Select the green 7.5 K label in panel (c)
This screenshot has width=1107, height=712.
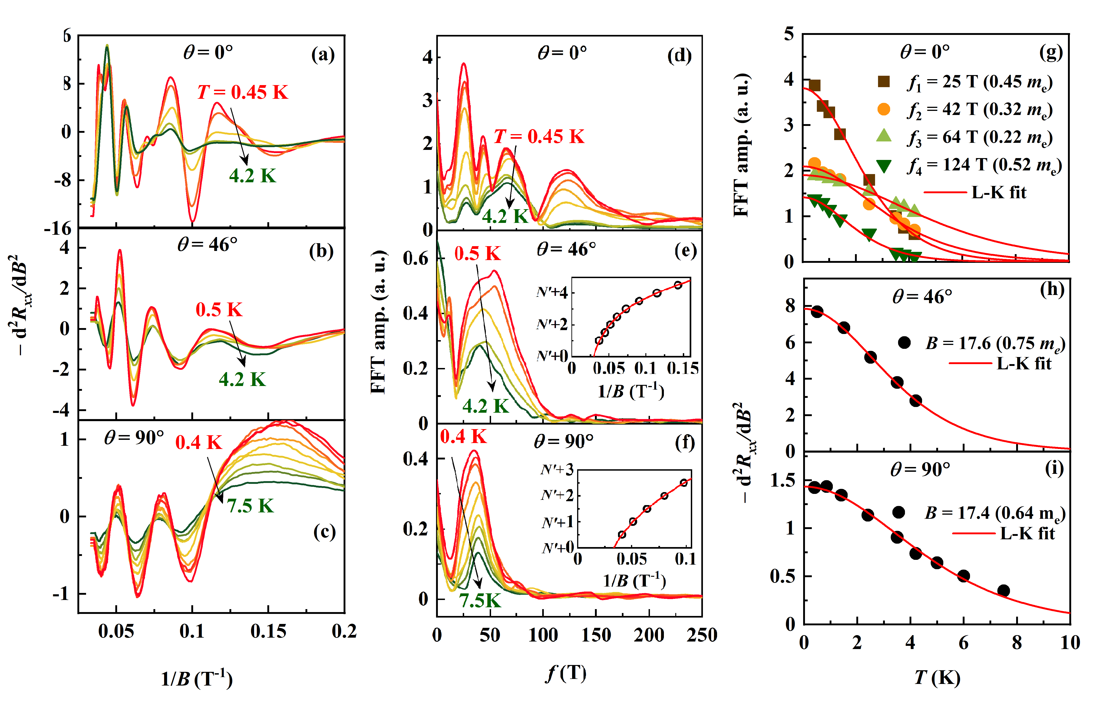250,506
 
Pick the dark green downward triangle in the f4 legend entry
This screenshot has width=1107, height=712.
883,166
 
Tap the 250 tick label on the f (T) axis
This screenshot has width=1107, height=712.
702,635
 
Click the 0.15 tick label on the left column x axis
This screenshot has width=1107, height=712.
268,631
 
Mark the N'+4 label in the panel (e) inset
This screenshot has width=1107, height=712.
552,292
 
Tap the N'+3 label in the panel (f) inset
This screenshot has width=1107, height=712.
557,470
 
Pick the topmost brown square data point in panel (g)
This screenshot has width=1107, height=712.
815,86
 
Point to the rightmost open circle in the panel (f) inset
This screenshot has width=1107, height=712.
684,483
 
